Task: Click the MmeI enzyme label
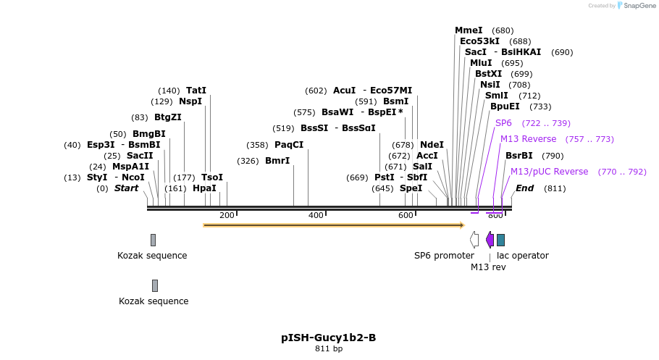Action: (x=469, y=30)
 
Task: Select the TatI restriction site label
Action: (x=196, y=91)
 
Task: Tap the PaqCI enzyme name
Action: (x=289, y=145)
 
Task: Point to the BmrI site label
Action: (x=277, y=161)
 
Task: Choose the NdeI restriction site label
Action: (x=432, y=145)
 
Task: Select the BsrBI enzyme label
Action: (x=519, y=156)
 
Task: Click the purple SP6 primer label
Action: (x=503, y=123)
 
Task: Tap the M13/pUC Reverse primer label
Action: (x=549, y=172)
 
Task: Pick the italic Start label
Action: (x=126, y=188)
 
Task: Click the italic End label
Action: (x=524, y=188)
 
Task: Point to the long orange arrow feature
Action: (x=333, y=225)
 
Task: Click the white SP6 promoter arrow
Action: (x=474, y=240)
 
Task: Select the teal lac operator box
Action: (x=500, y=240)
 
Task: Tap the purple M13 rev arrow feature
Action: (x=490, y=240)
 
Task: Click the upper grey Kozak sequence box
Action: (x=153, y=240)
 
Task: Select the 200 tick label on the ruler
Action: (x=227, y=215)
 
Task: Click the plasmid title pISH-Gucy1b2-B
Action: (x=328, y=338)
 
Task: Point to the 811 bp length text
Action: (x=328, y=349)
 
